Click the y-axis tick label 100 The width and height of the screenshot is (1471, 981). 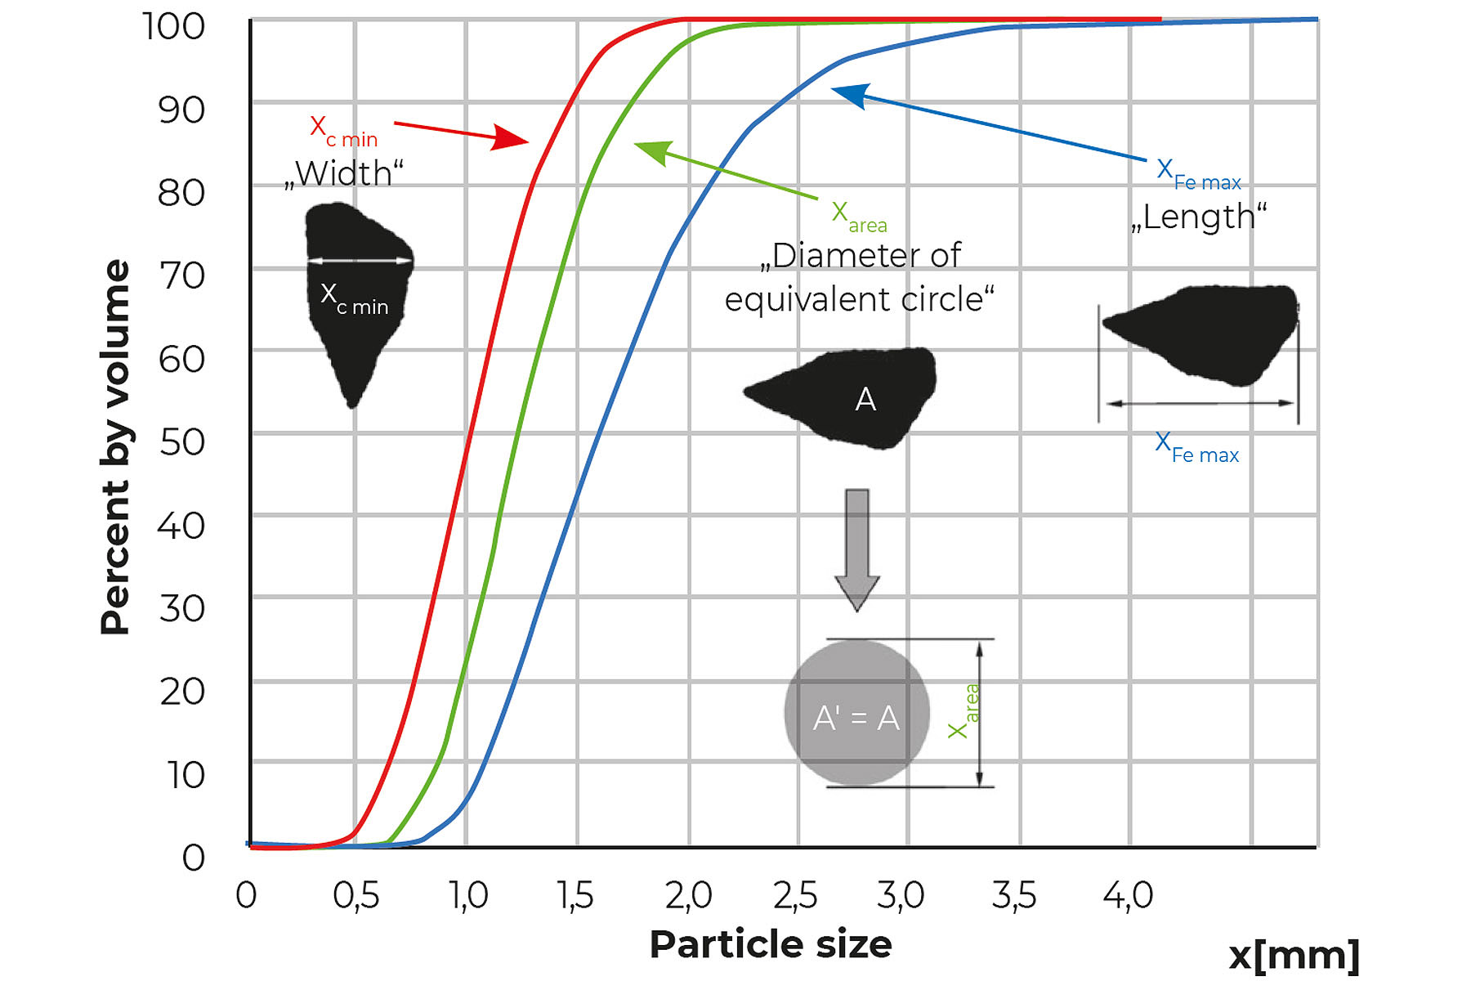[x=173, y=26]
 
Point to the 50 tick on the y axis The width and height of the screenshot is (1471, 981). [x=181, y=442]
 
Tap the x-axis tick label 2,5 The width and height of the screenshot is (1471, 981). [x=795, y=896]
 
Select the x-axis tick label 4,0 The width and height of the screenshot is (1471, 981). [x=1128, y=896]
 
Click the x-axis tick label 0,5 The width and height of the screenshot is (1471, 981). [x=356, y=896]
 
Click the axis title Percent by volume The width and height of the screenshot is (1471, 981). [x=115, y=447]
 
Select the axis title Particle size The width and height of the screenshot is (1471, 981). [x=771, y=944]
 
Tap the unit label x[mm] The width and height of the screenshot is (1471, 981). [x=1294, y=955]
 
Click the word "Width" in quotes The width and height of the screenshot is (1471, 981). [x=344, y=173]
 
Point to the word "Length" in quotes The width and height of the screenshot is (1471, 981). [x=1199, y=217]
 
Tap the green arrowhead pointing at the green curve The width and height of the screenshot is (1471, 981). [x=653, y=152]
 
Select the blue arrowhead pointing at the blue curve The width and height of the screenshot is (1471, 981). [x=850, y=94]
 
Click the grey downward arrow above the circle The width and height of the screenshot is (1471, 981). [x=857, y=550]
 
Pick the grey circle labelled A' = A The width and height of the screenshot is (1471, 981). [x=856, y=713]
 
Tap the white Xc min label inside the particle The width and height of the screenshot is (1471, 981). [x=354, y=298]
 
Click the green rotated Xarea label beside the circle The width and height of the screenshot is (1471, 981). [x=964, y=711]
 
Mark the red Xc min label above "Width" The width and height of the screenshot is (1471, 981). [x=343, y=131]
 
